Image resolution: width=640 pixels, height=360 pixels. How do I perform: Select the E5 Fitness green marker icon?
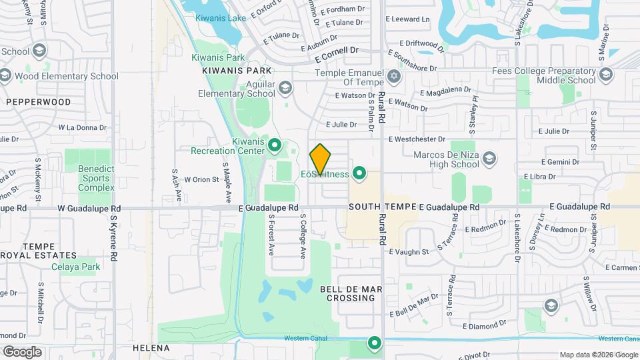click(360, 174)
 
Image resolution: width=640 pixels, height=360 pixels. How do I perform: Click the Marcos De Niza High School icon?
click(490, 158)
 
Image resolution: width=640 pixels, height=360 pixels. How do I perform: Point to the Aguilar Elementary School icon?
click(285, 87)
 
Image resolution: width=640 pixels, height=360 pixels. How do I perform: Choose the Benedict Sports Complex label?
click(96, 178)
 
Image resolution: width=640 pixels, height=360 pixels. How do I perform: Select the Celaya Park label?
click(75, 267)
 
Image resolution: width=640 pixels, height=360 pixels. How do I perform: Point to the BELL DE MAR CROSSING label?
click(351, 293)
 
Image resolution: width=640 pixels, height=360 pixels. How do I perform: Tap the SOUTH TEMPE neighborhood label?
click(382, 207)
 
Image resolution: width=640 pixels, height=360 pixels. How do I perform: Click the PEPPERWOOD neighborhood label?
click(38, 102)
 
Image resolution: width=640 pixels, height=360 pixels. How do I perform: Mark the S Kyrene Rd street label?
click(114, 237)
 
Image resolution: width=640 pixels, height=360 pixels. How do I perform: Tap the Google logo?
click(22, 351)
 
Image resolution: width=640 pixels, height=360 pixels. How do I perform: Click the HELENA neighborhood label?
click(151, 348)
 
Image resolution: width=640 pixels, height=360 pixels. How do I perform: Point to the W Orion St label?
click(202, 179)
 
